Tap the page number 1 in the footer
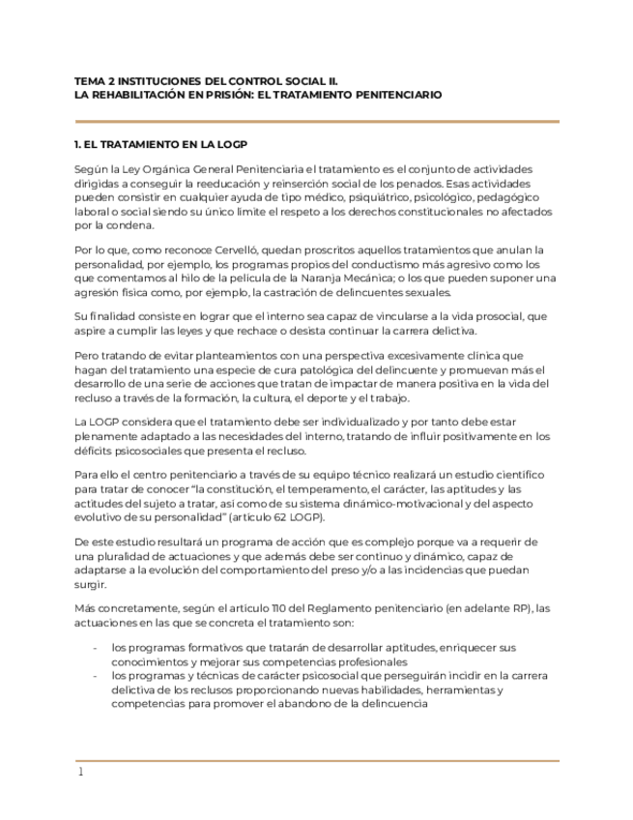tap(81, 772)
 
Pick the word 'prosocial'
tap(489, 315)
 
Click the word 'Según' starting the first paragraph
tap(90, 169)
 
